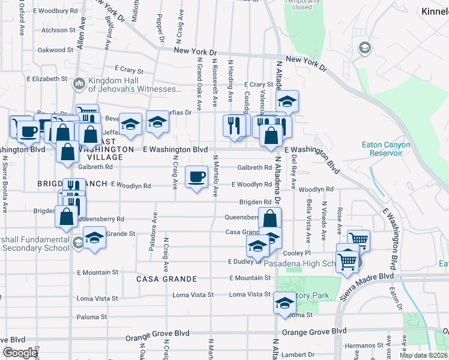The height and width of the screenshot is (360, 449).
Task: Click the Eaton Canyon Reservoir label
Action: [386, 149]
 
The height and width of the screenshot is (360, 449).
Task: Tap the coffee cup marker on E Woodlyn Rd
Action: [196, 177]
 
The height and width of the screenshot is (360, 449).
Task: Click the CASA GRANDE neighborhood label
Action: [167, 279]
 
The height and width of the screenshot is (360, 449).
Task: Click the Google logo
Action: [19, 353]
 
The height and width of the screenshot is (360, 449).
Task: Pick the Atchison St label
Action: [58, 29]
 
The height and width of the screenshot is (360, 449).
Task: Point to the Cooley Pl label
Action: [296, 253]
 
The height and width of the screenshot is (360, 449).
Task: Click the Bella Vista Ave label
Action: [309, 216]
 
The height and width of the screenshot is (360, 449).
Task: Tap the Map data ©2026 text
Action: [423, 355]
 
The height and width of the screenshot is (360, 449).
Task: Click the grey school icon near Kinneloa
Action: [364, 48]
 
